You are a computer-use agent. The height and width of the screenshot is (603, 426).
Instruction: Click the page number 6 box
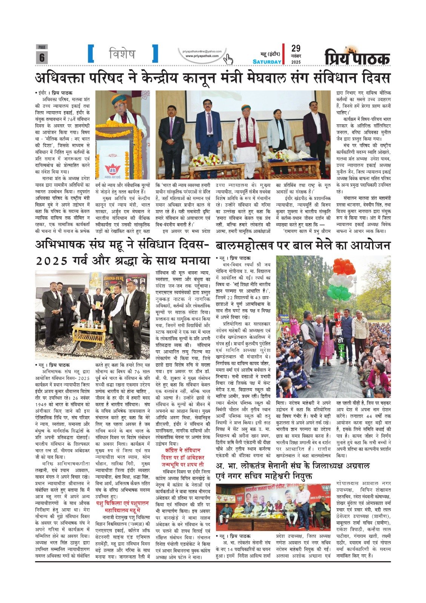click(41, 57)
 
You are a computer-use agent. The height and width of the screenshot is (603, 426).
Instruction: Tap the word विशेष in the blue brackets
click(122, 54)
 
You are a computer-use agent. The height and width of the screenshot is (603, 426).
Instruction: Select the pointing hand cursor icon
click(228, 59)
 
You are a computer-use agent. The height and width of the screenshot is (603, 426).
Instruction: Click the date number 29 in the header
click(296, 48)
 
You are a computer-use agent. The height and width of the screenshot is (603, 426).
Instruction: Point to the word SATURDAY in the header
click(267, 62)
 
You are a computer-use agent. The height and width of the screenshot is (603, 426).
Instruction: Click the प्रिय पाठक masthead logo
click(357, 58)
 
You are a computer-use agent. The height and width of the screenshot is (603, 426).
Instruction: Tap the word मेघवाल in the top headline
click(267, 78)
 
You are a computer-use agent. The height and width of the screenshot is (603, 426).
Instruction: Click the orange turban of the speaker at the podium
click(118, 98)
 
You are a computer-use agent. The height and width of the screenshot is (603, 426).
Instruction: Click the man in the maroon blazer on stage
click(315, 128)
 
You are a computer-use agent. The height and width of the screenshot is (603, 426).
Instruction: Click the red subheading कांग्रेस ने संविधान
click(183, 450)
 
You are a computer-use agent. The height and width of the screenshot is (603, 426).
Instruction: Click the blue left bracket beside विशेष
click(90, 54)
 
